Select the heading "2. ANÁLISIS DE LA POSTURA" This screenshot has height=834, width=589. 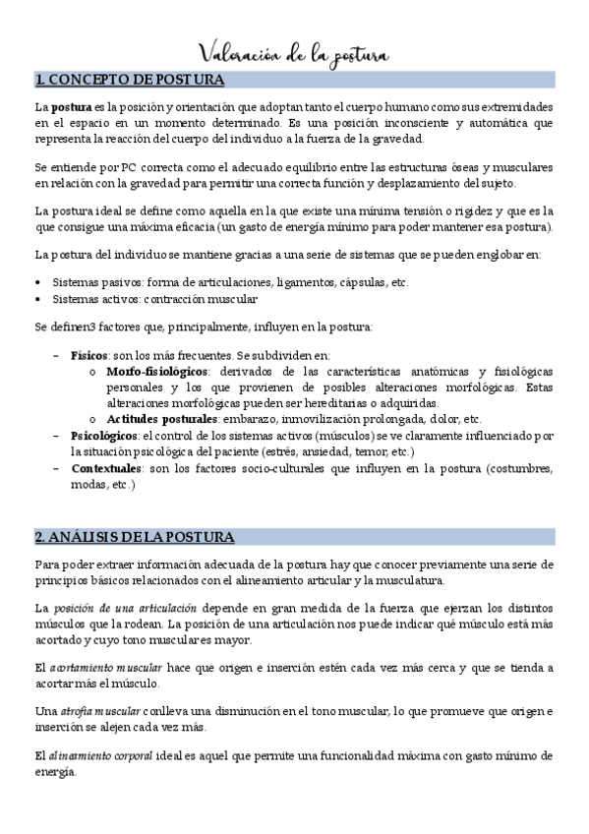click(x=134, y=537)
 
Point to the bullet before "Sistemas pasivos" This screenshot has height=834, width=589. click(x=37, y=282)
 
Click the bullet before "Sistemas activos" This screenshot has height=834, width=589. click(x=37, y=299)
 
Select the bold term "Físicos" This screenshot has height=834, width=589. click(x=89, y=354)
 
